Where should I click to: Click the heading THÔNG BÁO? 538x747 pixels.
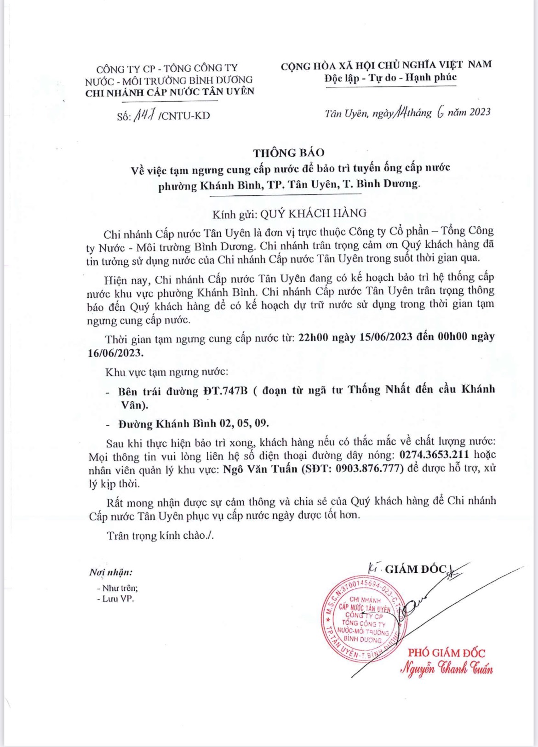coord(288,153)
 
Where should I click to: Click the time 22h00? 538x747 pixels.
coord(313,337)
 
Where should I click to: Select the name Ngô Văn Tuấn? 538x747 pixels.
coord(260,469)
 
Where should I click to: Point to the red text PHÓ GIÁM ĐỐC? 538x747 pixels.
coord(446,652)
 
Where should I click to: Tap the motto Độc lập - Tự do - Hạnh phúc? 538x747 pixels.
coord(390,78)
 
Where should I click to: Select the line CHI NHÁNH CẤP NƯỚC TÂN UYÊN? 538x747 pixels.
coord(170,92)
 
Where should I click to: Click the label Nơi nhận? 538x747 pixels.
coord(111,572)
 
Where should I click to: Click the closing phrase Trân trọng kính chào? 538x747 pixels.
coord(160,536)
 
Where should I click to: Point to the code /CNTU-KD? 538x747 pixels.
coord(184,115)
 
